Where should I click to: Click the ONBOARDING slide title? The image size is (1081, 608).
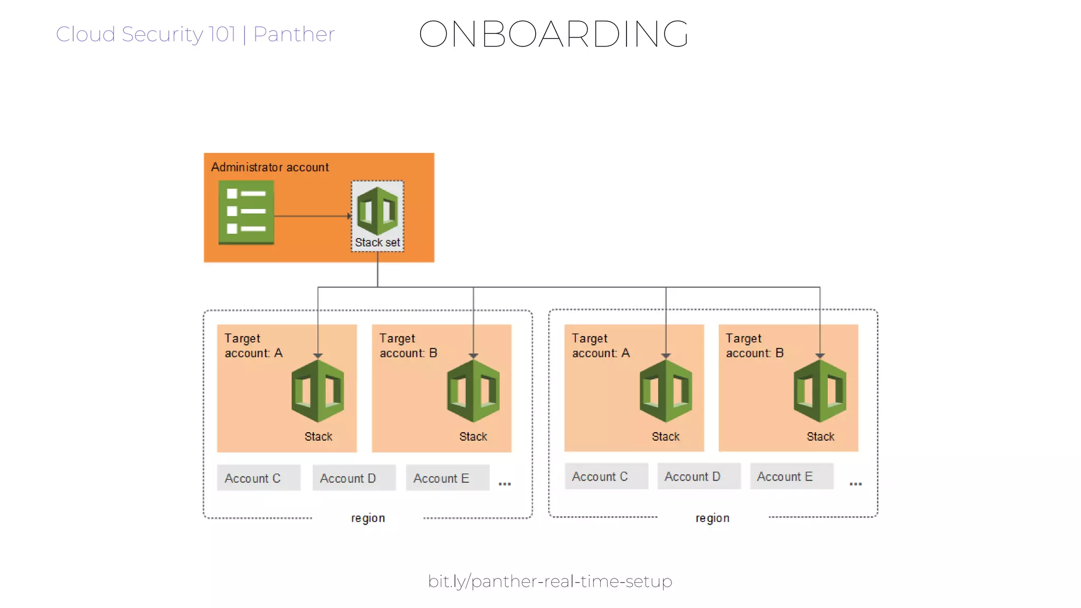pos(553,34)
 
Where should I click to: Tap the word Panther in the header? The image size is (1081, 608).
pos(294,34)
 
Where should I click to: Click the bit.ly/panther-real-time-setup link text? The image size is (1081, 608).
pos(550,581)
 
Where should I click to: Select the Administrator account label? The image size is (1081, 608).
pos(270,167)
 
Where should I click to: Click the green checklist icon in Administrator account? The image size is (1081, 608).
pos(246,212)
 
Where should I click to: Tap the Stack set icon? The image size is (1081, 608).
pos(377,211)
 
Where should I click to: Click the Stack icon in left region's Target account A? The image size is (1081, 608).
pos(318,391)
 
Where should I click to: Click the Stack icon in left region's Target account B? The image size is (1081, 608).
pos(473,391)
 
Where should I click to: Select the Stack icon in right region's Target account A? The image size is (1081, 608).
pos(666,391)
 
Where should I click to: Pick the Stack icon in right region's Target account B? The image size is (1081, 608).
pos(820,391)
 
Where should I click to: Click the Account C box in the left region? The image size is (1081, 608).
pos(259,478)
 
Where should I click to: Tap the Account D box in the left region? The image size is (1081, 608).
pos(354,478)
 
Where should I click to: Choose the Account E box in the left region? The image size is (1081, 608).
pos(447,478)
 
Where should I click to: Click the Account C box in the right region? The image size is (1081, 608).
pos(606,477)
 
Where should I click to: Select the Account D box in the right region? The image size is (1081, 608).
pos(698,477)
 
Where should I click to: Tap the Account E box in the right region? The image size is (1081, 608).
pos(791,477)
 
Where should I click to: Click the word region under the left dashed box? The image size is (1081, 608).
pos(368,518)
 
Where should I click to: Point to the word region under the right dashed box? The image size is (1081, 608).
pos(712,518)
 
